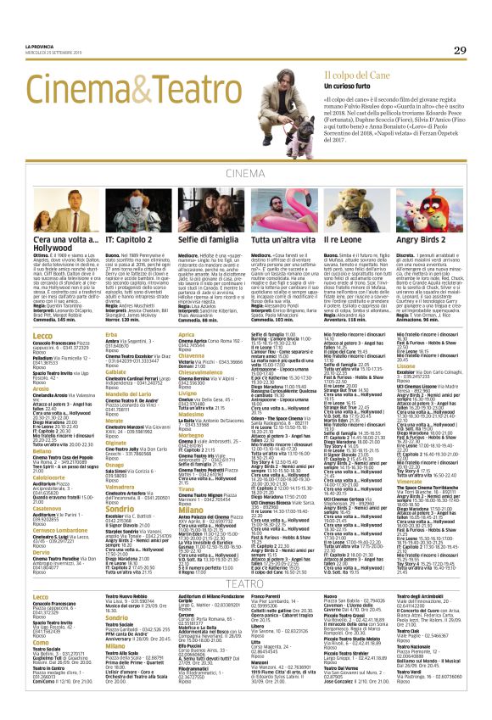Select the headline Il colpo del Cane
pyautogui.click(x=343, y=76)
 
